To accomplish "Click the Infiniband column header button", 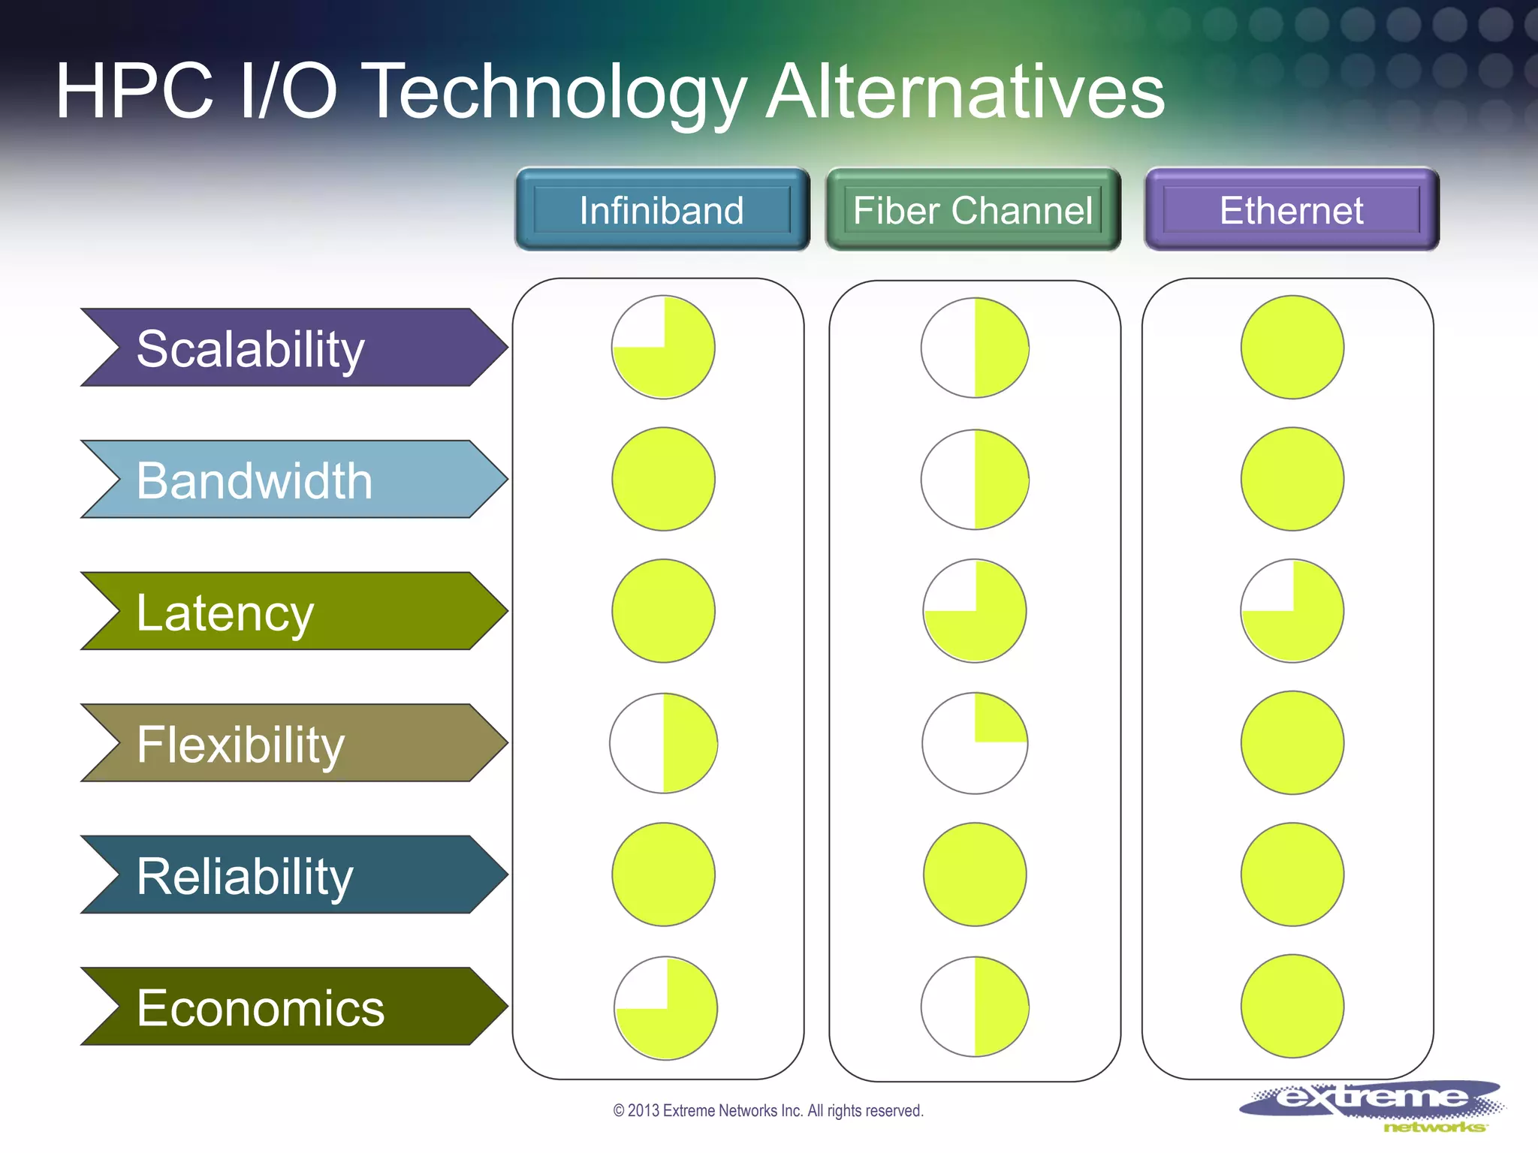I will (x=662, y=209).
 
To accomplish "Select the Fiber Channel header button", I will (x=973, y=209).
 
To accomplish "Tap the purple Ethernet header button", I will (x=1292, y=209).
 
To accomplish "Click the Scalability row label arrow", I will (x=293, y=348).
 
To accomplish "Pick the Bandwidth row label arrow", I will (x=293, y=480).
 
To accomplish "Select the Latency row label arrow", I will (x=293, y=611).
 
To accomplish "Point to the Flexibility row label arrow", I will (x=293, y=743).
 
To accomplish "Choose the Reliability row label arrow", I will (x=293, y=875).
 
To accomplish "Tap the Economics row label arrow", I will (x=293, y=1007).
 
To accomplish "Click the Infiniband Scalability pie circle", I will (x=663, y=348).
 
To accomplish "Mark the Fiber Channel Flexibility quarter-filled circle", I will (x=975, y=743).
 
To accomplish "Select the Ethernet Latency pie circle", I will (x=1292, y=611).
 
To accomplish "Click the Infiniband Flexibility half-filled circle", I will (x=663, y=743).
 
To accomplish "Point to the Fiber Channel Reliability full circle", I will (x=975, y=875).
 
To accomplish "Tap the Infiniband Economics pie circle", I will (x=665, y=1008).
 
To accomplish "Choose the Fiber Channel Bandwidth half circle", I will (x=975, y=480).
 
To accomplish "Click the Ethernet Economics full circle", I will (x=1292, y=1007).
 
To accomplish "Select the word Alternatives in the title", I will (x=965, y=92).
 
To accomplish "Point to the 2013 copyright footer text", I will (x=768, y=1111).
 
